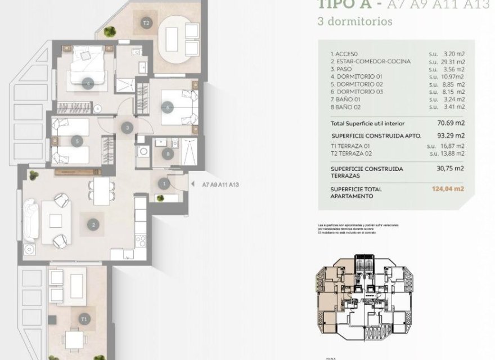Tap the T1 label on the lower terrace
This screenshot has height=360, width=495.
click(x=84, y=319)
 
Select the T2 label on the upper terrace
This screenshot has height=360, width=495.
click(x=146, y=23)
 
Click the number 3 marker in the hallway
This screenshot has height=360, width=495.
click(x=128, y=128)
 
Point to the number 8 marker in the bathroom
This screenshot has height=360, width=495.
click(x=167, y=154)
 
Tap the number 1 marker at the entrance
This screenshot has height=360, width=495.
click(x=164, y=183)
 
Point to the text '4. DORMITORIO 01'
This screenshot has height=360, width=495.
click(x=357, y=76)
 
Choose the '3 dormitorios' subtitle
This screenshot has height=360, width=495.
click(x=355, y=22)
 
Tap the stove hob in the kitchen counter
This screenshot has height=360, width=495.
click(x=141, y=241)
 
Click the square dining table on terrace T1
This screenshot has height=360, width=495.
click(x=73, y=338)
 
